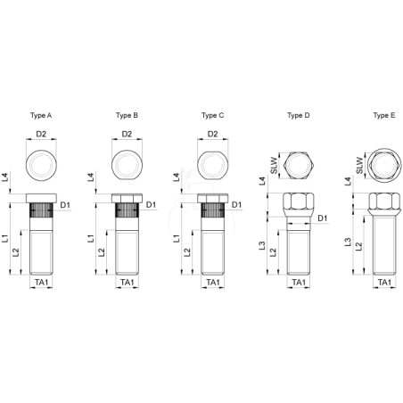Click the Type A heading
(x=41, y=115)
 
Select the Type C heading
(x=212, y=115)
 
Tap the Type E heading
(x=384, y=115)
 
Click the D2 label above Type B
(x=127, y=134)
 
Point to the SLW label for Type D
(x=274, y=166)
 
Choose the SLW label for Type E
(x=359, y=166)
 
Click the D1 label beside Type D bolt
(x=323, y=218)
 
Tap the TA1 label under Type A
(x=41, y=282)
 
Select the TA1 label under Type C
(x=213, y=282)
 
